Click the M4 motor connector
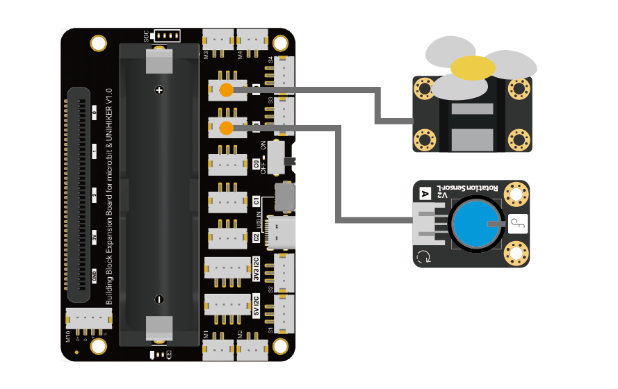(252, 41)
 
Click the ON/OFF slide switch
(278, 156)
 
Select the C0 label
(256, 165)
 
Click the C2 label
(256, 238)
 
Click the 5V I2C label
(256, 305)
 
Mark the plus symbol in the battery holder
(159, 91)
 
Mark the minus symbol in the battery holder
(159, 299)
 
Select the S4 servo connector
(285, 72)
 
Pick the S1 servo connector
(285, 315)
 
